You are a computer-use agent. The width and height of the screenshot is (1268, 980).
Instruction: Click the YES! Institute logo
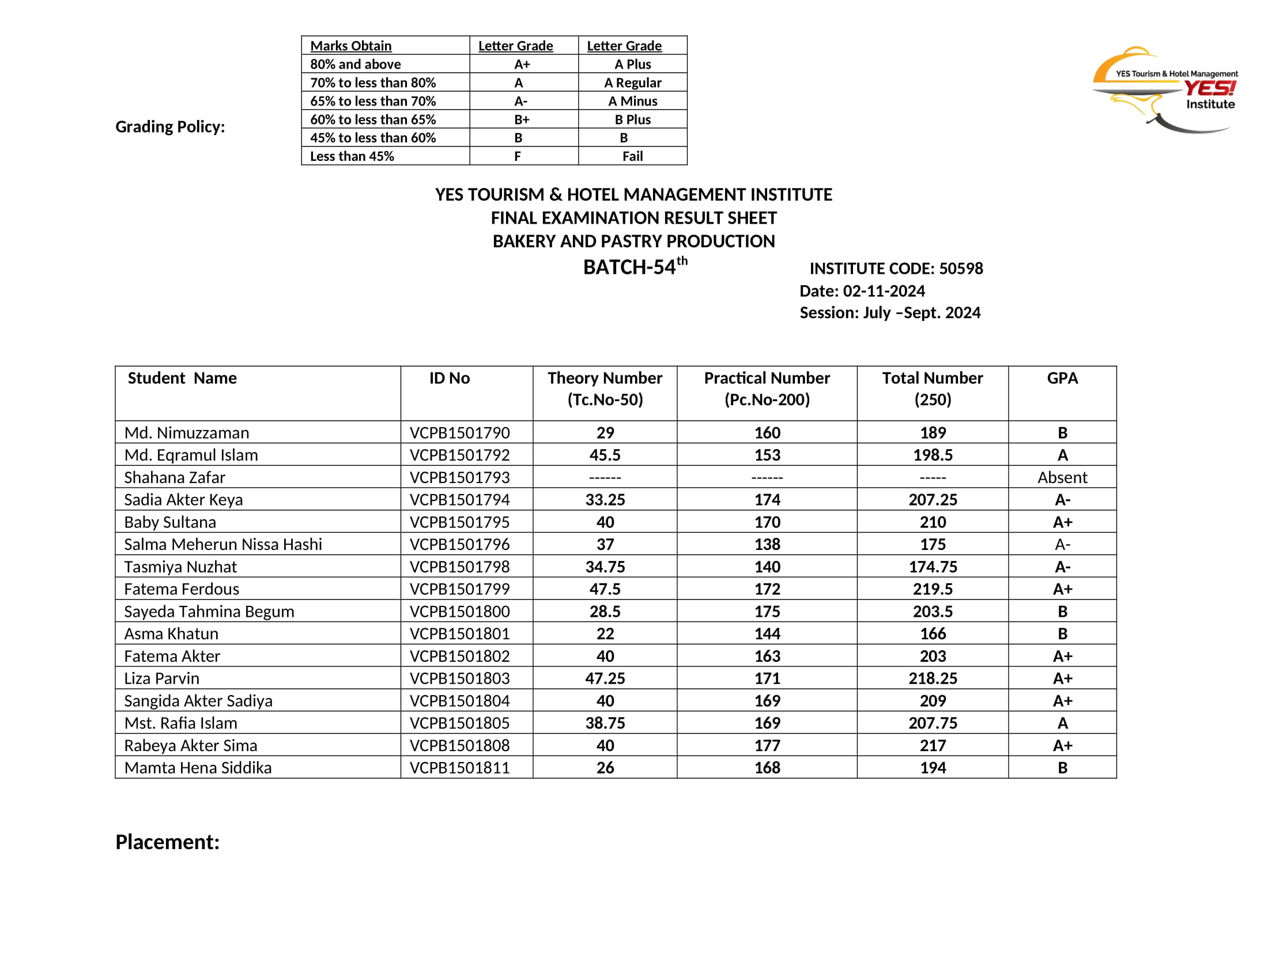(x=1167, y=89)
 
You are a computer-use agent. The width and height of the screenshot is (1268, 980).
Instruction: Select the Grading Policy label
(x=170, y=127)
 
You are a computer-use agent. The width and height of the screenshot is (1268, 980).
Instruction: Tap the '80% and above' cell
(x=355, y=65)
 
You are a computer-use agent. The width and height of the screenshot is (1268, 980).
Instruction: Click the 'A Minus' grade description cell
(x=632, y=101)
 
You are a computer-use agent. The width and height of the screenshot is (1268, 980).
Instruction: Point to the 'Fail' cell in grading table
(x=632, y=157)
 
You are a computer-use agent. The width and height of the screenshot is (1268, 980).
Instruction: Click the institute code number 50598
(x=961, y=269)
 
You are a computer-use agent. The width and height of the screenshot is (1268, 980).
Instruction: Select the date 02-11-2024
(x=884, y=292)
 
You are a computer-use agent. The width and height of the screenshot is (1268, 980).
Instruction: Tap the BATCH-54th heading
(x=635, y=267)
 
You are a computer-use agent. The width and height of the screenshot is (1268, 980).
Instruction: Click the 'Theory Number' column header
(x=605, y=379)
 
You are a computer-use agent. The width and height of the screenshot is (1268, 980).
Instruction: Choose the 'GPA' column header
(x=1062, y=379)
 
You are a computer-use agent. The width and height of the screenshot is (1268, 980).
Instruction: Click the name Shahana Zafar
(x=175, y=478)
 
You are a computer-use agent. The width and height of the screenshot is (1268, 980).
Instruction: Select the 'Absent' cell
(x=1062, y=478)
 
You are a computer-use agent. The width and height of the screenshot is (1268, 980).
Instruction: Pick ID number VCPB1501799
(x=459, y=589)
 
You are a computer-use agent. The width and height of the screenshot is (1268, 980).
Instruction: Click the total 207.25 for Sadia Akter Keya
(x=933, y=500)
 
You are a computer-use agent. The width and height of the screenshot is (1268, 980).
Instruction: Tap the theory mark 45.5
(x=605, y=455)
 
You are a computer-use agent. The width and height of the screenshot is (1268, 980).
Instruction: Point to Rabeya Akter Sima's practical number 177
(x=767, y=745)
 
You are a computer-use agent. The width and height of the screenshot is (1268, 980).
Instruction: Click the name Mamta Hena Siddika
(x=198, y=768)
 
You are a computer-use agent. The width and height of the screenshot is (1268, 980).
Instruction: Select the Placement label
(x=168, y=842)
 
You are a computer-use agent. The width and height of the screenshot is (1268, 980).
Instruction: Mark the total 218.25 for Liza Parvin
(x=933, y=679)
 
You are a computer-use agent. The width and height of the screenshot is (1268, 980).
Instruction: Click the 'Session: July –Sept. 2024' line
(x=889, y=313)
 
